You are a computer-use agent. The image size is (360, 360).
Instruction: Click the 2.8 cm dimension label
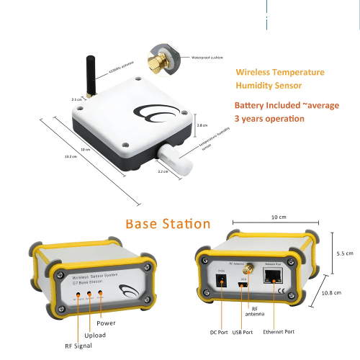click(202, 125)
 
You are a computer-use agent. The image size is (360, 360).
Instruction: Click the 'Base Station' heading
click(168, 223)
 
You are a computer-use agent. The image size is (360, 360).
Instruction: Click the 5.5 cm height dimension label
click(345, 253)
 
